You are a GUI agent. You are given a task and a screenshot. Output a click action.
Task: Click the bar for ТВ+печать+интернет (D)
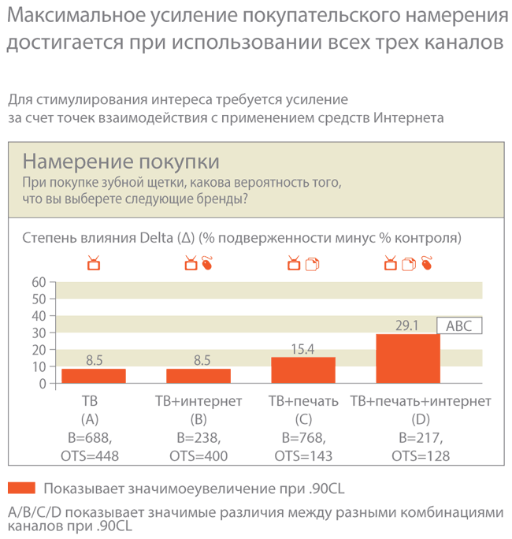tap(408, 359)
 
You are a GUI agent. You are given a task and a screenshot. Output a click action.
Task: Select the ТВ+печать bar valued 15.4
tap(303, 370)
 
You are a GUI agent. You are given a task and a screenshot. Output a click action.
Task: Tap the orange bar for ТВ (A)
tap(94, 376)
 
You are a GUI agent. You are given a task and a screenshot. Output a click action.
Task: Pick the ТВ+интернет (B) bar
tap(198, 376)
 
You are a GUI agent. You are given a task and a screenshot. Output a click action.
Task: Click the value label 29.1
tap(407, 325)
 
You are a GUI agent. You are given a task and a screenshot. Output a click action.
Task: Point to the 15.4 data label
tap(302, 349)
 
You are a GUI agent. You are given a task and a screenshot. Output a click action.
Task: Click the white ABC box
tap(459, 325)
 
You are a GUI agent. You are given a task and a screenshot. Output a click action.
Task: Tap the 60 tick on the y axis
tap(39, 282)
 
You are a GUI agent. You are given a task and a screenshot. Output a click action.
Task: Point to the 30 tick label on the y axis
tap(39, 333)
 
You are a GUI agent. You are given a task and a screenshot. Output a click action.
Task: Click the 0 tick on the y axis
tap(43, 384)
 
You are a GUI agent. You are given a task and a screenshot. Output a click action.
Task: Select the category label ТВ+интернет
tap(198, 401)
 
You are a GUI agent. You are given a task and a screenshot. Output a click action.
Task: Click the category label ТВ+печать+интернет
tap(421, 401)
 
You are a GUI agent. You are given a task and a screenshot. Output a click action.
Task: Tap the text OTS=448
tap(90, 456)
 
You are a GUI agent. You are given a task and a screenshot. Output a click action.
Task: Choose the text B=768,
tap(303, 438)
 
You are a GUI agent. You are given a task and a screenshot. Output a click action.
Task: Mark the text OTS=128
tap(421, 456)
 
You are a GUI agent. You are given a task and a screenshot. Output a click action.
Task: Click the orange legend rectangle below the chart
tap(21, 488)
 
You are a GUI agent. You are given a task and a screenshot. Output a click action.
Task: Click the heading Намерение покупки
tap(121, 162)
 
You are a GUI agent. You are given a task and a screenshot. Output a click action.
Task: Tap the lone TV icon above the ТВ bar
tap(94, 263)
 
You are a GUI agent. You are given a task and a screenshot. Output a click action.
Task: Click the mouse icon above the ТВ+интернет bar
tap(207, 263)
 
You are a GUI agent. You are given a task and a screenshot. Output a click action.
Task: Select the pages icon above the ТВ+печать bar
tap(312, 264)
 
